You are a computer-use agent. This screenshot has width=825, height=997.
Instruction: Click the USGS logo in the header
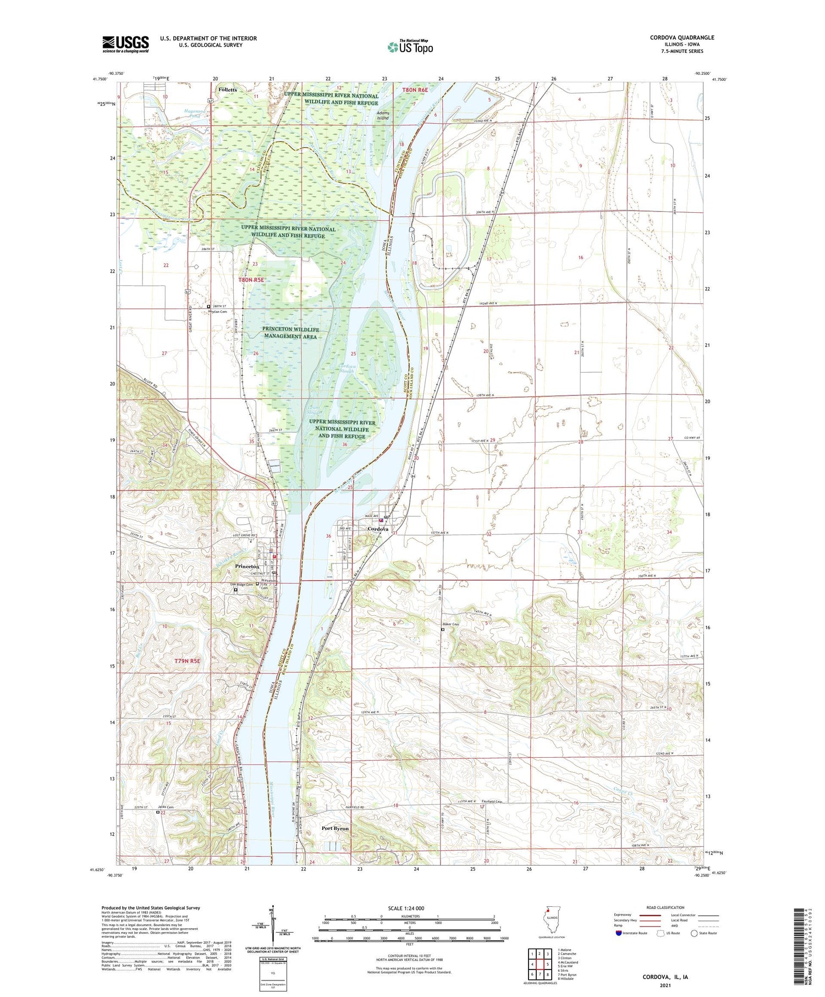point(125,44)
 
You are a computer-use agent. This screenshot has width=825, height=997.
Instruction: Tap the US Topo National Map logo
point(410,46)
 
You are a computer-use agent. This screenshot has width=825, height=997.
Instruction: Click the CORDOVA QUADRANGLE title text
point(681,37)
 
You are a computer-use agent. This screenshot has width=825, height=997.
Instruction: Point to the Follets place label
point(227,89)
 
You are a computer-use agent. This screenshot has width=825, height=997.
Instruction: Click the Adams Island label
point(382,115)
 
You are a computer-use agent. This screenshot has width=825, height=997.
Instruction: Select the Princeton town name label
point(246,566)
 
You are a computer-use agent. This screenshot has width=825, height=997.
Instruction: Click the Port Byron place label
point(335,828)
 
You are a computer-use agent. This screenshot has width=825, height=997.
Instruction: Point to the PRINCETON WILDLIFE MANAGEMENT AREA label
point(290,333)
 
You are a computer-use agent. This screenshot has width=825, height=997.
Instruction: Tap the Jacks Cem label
point(166,807)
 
